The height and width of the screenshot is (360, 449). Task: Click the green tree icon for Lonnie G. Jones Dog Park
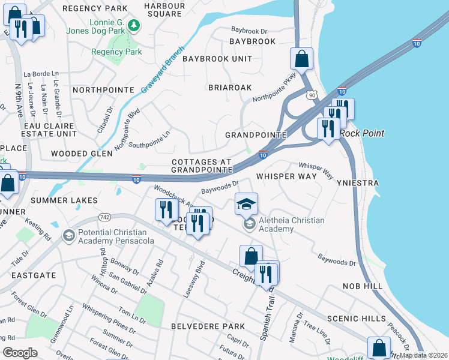point(136,25)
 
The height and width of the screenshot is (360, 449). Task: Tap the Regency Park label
point(116,52)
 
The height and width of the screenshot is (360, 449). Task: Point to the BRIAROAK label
point(230,87)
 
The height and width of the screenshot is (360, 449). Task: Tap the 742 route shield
point(104,216)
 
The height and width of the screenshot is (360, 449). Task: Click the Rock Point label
point(362,133)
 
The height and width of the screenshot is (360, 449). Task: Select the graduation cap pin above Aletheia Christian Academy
point(246,205)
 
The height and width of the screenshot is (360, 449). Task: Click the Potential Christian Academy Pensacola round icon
point(68,235)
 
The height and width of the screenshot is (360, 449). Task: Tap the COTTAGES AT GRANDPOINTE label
point(202,166)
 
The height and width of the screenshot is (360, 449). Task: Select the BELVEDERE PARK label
point(208,326)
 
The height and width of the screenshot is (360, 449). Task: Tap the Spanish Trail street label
point(264,318)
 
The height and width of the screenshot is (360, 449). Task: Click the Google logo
point(20,352)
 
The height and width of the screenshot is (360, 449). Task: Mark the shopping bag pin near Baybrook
point(301,59)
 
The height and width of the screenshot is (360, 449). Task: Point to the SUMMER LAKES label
point(64,200)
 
